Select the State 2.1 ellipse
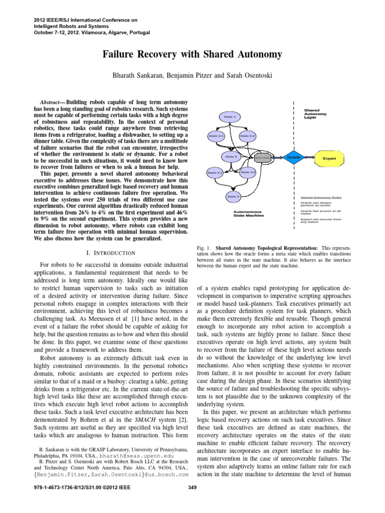click(216, 136)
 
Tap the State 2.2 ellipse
click(248, 136)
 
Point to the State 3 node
click(231, 157)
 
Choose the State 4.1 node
click(215, 173)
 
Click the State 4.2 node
click(248, 172)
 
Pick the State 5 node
click(233, 196)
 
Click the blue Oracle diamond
click(293, 157)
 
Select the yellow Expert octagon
click(329, 158)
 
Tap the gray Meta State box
click(263, 158)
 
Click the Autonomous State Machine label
click(249, 213)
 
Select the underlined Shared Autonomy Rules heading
click(321, 198)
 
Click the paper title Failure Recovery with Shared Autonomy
click(192, 54)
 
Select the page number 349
click(192, 501)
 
